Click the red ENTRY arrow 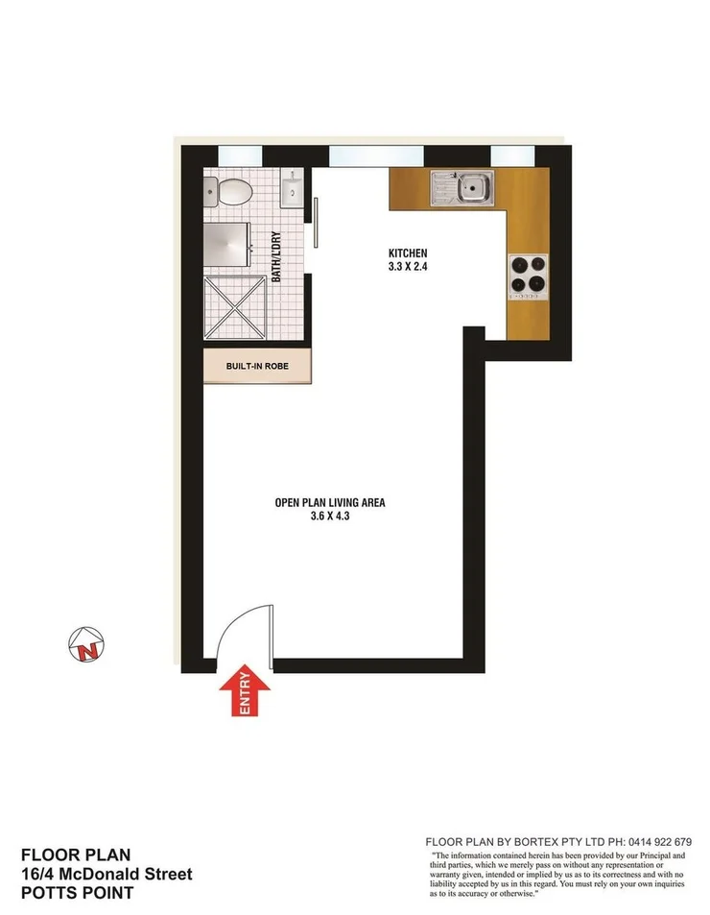[242, 691]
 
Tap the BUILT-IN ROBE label [256, 367]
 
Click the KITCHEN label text [400, 253]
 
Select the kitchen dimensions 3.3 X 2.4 [400, 267]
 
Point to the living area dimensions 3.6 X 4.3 [330, 517]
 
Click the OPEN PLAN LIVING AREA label [330, 502]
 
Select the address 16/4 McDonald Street [106, 874]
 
